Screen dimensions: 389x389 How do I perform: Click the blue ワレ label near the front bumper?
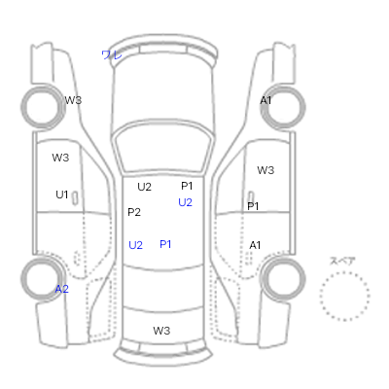tap(112, 54)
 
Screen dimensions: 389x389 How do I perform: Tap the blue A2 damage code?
tap(61, 289)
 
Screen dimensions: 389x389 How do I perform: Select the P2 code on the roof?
tap(134, 212)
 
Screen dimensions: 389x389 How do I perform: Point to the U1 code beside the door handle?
tap(61, 194)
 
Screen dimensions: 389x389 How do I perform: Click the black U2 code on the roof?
tap(144, 187)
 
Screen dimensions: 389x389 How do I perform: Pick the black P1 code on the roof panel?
tap(187, 186)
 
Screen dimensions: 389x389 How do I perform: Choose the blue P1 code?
tap(165, 244)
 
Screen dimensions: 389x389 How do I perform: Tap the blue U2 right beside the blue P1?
tap(135, 245)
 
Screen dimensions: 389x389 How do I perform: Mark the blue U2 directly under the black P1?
tap(185, 202)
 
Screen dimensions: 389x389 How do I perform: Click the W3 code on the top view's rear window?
tap(161, 331)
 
